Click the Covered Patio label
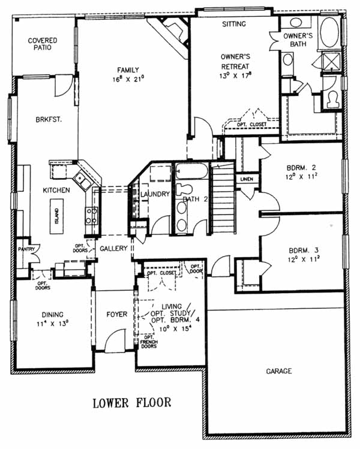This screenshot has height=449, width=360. [x=43, y=44]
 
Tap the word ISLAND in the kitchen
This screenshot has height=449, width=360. [x=57, y=216]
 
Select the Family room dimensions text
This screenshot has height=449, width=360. [x=128, y=79]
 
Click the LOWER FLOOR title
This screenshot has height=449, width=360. [x=132, y=403]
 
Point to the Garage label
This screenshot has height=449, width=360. [x=279, y=371]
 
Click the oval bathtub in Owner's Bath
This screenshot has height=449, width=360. [x=329, y=32]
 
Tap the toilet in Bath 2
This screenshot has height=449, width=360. [x=184, y=189]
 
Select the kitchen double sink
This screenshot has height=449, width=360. [x=83, y=181]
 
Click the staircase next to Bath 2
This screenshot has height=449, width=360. [x=223, y=198]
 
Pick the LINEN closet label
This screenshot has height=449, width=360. [x=247, y=179]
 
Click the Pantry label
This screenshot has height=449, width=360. [x=26, y=249]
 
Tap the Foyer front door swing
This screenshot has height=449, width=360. [x=115, y=340]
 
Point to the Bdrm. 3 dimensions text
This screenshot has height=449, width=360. [x=304, y=260]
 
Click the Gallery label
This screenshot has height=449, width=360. [x=113, y=248]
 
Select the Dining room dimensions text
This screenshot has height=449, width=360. [x=52, y=324]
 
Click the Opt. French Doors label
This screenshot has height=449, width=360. [x=149, y=342]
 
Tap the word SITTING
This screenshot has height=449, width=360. [x=234, y=24]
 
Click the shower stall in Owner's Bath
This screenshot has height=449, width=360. [x=331, y=61]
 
